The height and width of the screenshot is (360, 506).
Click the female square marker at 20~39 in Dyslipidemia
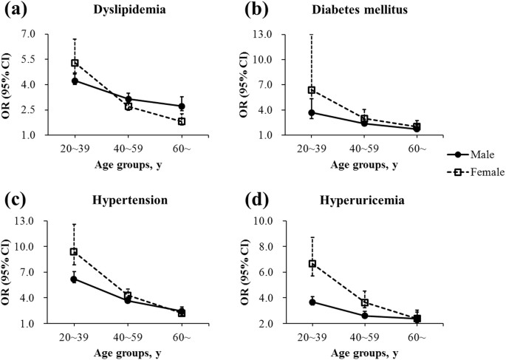(75, 63)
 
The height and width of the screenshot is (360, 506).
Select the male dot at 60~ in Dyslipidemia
(182, 106)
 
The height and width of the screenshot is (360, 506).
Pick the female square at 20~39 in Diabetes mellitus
(312, 90)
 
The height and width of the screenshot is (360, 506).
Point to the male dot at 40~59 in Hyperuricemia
(364, 316)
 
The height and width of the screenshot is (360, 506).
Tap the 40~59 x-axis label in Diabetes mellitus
(365, 149)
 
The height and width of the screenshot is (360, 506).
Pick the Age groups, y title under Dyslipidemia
(128, 163)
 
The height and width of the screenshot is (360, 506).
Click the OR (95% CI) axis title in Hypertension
(9, 273)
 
